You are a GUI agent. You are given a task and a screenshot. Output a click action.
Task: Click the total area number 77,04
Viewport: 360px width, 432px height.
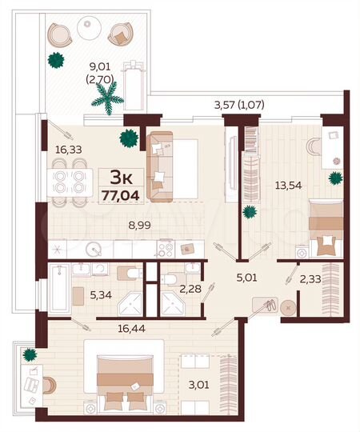118,192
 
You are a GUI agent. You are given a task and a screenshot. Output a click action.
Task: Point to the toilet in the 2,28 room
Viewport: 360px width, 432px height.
170,278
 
